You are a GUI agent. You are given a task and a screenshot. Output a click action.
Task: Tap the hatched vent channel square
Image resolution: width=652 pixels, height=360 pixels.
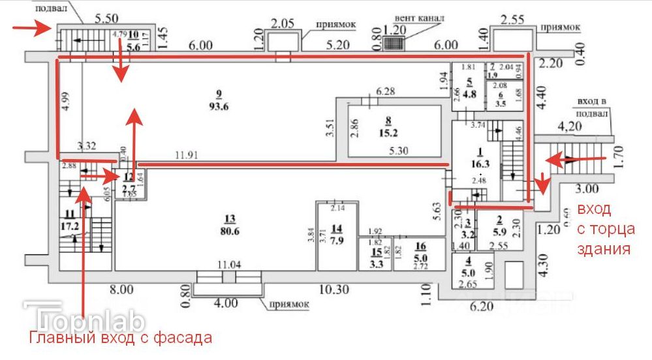(x=393, y=44)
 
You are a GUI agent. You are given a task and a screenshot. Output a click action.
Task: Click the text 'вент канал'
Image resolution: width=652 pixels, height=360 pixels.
(x=419, y=18)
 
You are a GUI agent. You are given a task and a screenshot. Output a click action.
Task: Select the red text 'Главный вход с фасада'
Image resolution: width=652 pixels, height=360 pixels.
(x=119, y=338)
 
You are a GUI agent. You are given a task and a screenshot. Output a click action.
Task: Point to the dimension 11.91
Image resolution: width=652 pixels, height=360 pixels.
(x=187, y=157)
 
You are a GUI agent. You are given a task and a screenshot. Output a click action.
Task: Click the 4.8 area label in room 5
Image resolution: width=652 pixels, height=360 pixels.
(x=469, y=93)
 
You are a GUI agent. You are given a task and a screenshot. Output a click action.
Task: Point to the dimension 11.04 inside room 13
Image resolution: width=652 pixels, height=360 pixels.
(x=228, y=263)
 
